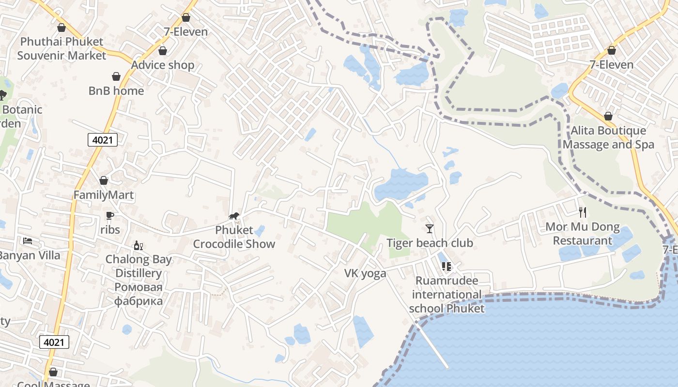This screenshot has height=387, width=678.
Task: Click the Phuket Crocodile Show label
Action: click(x=234, y=237)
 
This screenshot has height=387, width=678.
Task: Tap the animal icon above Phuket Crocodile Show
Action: click(x=234, y=216)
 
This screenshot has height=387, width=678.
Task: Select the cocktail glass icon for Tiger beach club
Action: click(x=430, y=228)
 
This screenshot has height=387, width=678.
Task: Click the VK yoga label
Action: click(x=365, y=273)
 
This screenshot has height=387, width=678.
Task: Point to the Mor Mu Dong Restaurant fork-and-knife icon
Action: click(x=583, y=212)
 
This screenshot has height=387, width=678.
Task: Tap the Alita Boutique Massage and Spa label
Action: click(x=608, y=137)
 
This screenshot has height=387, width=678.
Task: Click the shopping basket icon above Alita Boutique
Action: click(x=608, y=116)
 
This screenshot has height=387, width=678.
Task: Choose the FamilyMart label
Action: click(x=104, y=195)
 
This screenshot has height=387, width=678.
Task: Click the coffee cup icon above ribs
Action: click(x=110, y=215)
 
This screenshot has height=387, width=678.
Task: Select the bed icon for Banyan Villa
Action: click(x=28, y=241)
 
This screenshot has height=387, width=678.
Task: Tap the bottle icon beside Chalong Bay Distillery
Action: click(x=139, y=246)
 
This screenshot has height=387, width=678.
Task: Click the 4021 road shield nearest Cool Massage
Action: click(x=54, y=342)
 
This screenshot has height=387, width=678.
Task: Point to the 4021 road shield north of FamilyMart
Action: click(x=103, y=140)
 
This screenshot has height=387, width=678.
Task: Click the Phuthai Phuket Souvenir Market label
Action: click(x=62, y=48)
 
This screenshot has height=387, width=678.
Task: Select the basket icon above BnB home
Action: click(x=116, y=76)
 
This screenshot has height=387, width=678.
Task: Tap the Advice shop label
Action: click(x=163, y=65)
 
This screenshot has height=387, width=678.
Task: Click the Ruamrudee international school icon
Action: click(x=446, y=267)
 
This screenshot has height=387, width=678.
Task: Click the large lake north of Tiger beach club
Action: click(x=401, y=184)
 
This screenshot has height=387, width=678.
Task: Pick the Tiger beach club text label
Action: click(x=430, y=243)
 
